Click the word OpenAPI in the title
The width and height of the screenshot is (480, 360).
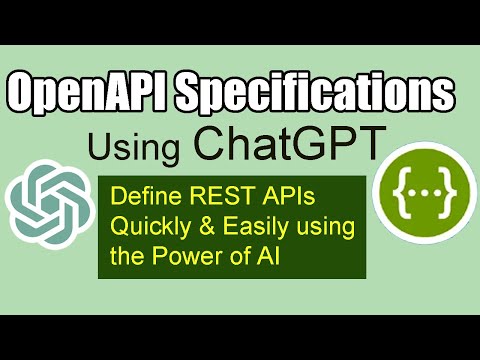(x=85, y=97)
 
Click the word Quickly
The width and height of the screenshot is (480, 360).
(x=146, y=225)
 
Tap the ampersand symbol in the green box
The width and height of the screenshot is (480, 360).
(x=197, y=225)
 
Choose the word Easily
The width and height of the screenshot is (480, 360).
(x=243, y=225)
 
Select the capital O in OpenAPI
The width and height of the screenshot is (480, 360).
(x=23, y=97)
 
